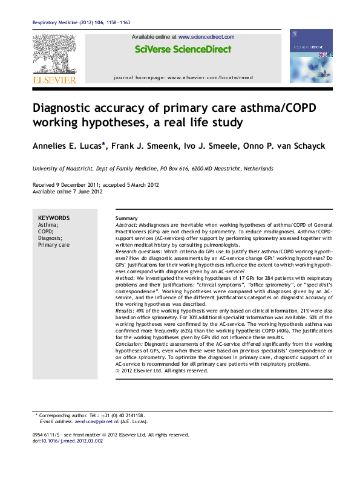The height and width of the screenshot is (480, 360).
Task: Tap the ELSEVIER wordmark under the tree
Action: (54, 80)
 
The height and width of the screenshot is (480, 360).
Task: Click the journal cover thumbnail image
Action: (311, 56)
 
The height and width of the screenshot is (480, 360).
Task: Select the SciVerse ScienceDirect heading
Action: (183, 50)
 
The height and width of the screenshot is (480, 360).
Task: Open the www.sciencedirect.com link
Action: (206, 37)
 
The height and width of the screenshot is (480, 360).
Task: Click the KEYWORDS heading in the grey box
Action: (53, 218)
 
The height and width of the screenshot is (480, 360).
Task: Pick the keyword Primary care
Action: (54, 245)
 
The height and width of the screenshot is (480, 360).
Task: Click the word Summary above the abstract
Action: (126, 218)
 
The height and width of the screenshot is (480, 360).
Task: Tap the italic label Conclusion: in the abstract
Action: (128, 343)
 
